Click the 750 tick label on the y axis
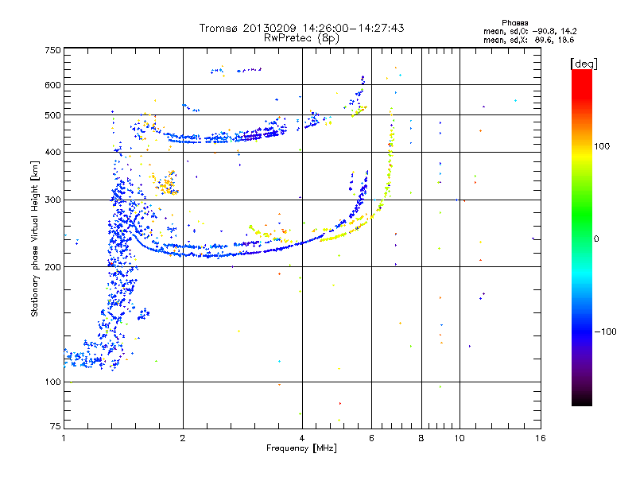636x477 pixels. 52,49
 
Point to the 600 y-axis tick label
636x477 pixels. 52,84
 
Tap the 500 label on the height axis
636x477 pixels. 52,115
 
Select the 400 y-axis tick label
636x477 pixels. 52,152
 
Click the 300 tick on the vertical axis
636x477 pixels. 52,200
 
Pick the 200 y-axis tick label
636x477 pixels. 52,266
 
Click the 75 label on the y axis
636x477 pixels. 55,426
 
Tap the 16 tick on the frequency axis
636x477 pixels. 540,438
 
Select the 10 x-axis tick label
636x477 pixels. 459,438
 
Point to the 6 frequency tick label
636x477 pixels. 371,438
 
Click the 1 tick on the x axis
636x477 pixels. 64,438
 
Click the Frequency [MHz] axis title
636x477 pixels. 302,448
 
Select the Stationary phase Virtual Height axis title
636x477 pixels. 35,238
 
